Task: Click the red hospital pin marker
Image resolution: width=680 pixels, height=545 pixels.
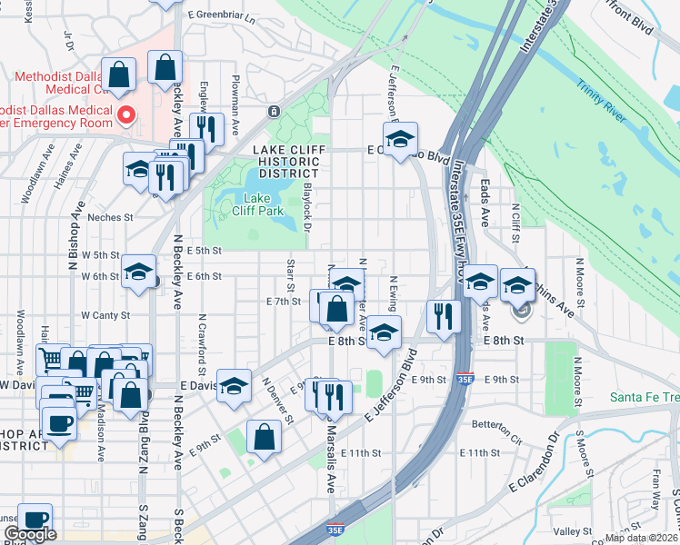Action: coord(127,115)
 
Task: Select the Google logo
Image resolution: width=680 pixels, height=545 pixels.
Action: coord(30,534)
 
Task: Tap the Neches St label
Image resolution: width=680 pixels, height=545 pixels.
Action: coord(110,218)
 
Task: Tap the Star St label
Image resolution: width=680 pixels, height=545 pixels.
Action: coord(291,269)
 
